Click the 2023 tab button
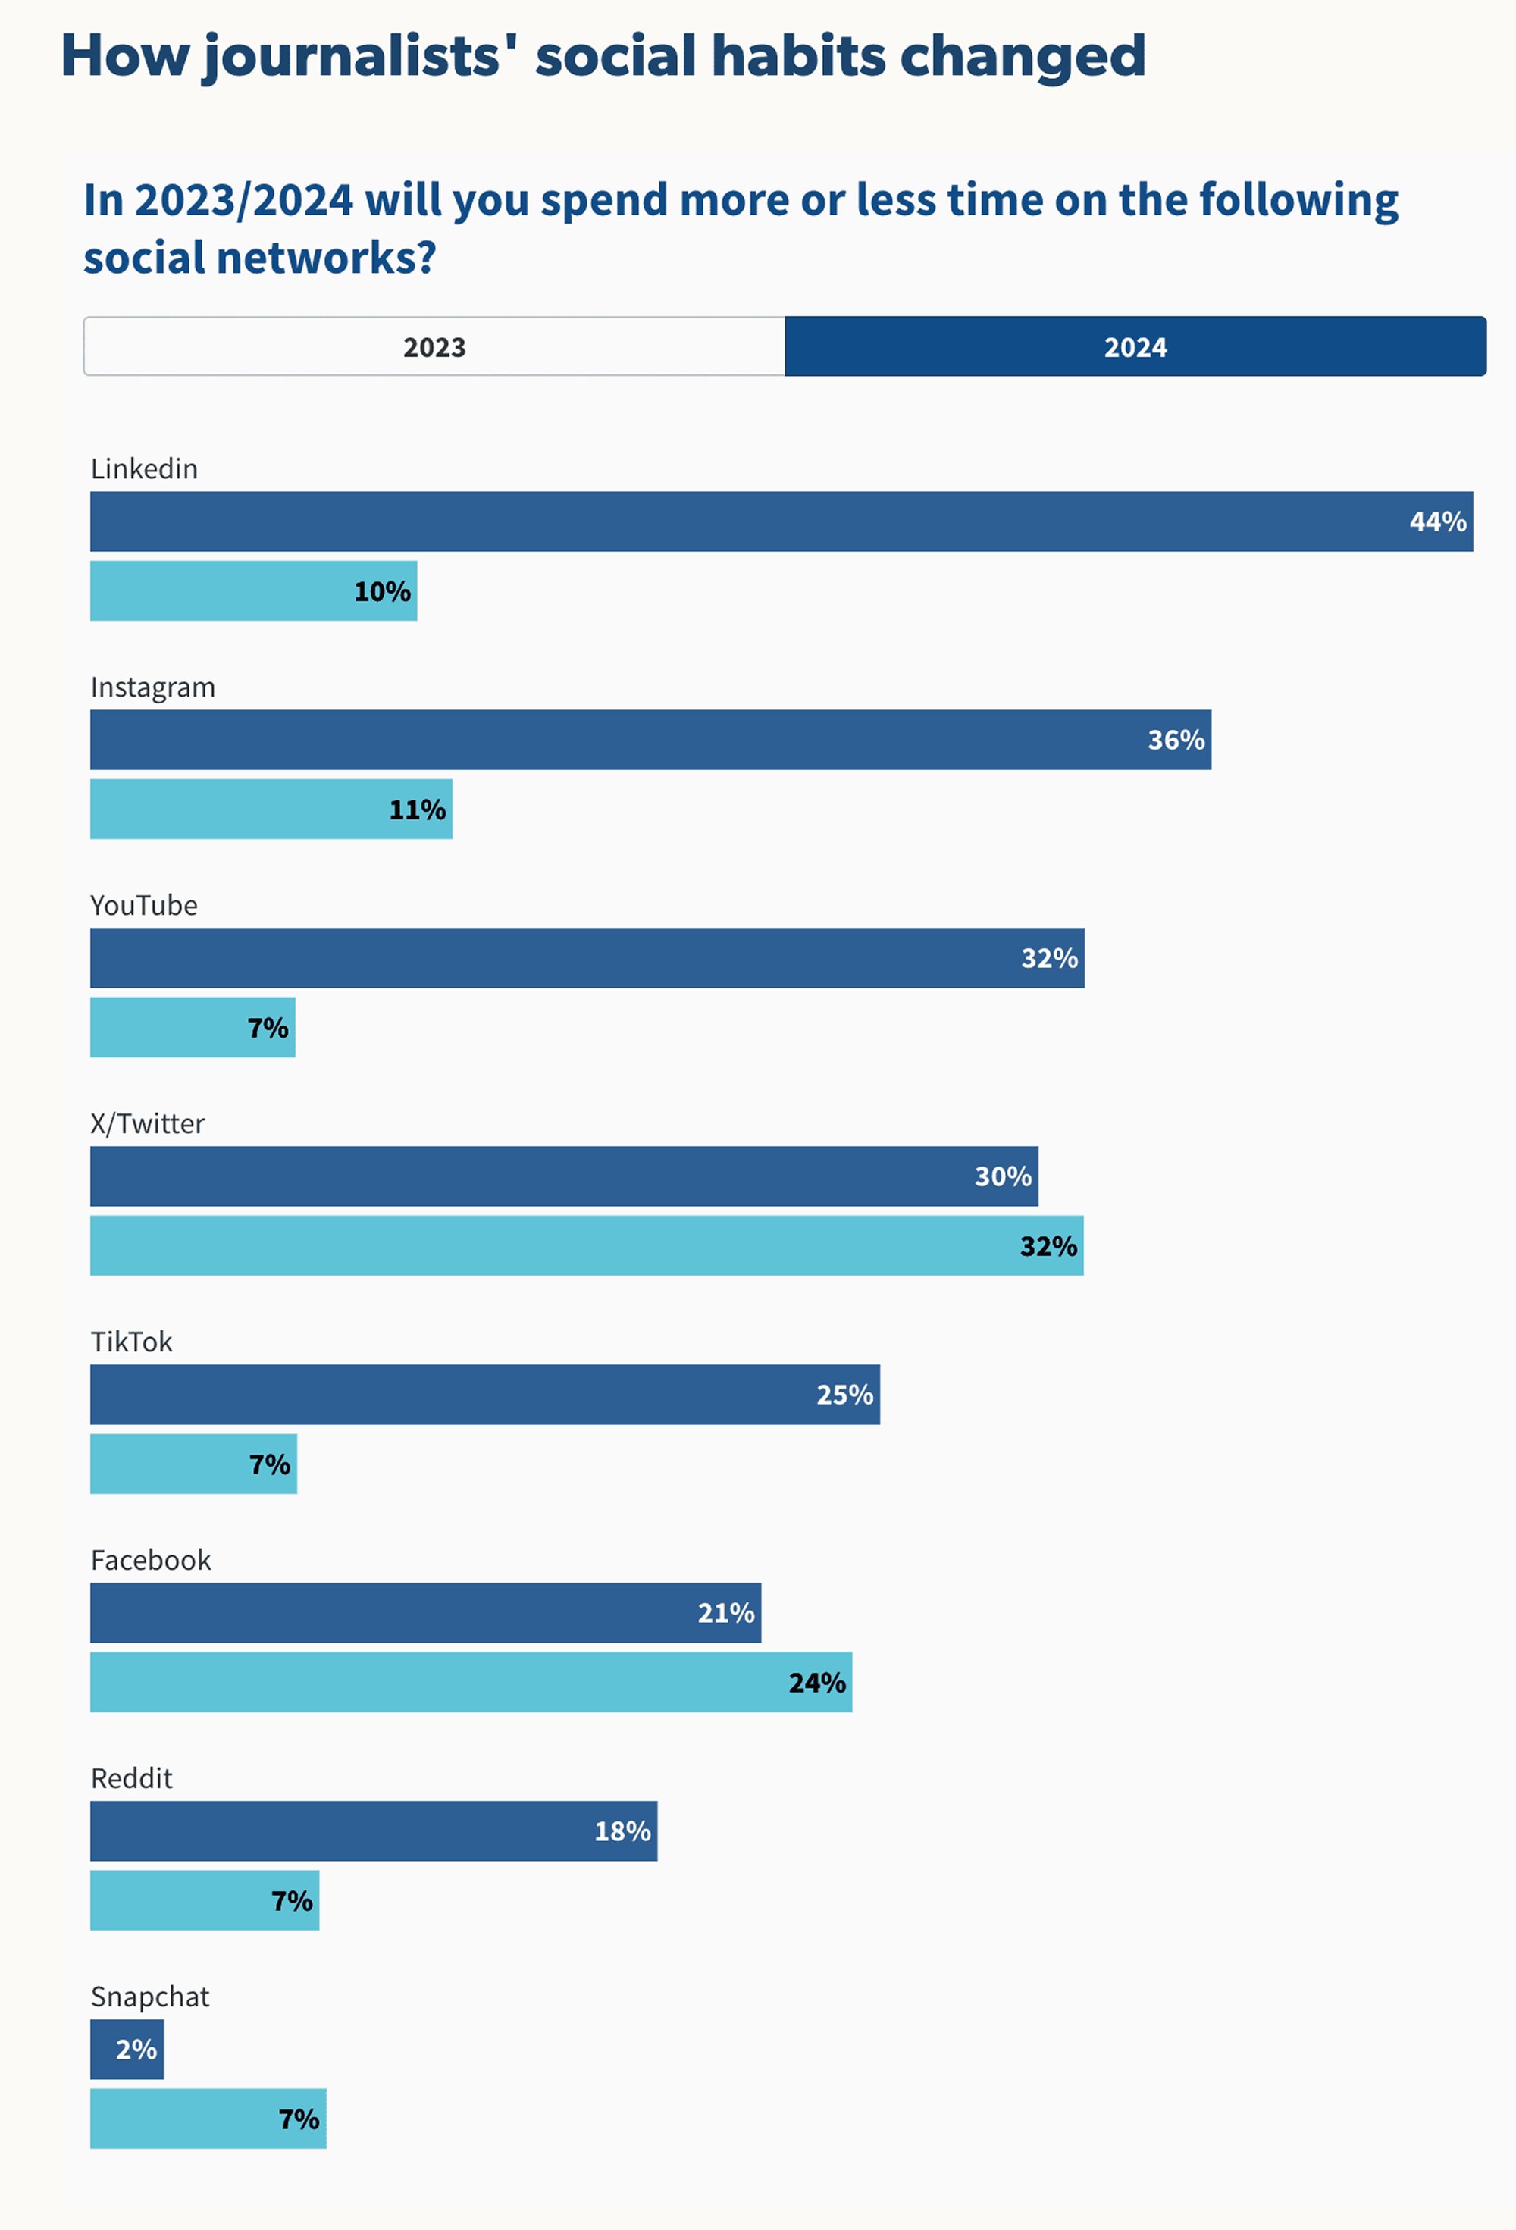[434, 346]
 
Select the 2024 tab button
[1135, 346]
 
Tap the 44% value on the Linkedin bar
[1437, 522]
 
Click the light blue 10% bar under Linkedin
[253, 591]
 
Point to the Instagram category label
[152, 687]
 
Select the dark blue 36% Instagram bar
[650, 740]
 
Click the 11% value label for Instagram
[418, 810]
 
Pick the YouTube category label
[144, 905]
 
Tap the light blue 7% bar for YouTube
[192, 1028]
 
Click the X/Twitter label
[148, 1123]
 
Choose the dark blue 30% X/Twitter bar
[564, 1176]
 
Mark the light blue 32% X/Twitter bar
[586, 1245]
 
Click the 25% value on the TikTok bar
[844, 1395]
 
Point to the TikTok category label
[131, 1342]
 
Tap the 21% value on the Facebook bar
[725, 1613]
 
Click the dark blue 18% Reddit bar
[373, 1831]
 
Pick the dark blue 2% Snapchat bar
[127, 2050]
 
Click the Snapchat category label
[149, 1997]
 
